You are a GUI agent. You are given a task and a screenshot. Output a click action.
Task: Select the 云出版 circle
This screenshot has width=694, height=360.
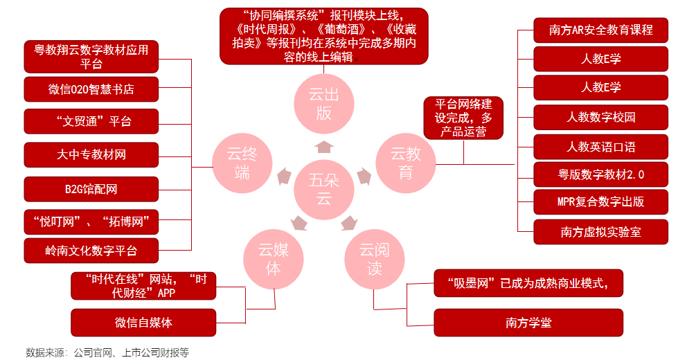323,104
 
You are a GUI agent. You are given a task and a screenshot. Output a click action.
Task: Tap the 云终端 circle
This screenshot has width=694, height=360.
242,163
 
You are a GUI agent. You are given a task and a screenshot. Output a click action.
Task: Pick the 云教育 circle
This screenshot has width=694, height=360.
406,163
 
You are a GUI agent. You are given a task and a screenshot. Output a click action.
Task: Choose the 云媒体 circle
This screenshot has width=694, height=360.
274,259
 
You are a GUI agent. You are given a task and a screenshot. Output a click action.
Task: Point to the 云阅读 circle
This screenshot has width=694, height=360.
375,259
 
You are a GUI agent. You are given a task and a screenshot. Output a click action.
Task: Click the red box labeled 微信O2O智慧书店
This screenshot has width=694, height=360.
91,90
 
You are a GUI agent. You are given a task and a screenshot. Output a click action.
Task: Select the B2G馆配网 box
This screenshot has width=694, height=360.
91,189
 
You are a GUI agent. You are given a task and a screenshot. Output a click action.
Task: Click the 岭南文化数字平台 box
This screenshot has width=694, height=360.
91,251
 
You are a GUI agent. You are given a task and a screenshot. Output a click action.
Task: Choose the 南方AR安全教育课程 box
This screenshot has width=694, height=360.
600,30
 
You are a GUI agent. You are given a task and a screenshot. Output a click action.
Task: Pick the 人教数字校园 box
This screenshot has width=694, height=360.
600,117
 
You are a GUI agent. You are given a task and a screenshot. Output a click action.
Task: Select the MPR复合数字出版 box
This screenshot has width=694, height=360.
600,202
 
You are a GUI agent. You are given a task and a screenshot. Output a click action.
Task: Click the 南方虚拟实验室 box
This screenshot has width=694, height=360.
600,232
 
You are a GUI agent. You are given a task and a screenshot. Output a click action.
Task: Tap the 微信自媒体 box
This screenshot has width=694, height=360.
143,323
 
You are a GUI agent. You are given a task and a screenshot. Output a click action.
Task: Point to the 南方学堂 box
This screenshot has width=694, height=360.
528,323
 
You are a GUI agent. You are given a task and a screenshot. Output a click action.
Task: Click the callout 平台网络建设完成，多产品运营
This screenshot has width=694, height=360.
463,118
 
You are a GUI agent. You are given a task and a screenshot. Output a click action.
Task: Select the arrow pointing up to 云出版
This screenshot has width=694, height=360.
323,146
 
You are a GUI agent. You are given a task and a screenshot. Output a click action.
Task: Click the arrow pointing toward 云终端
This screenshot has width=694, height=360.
285,176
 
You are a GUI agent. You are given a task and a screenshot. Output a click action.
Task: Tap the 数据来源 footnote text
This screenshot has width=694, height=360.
107,352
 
